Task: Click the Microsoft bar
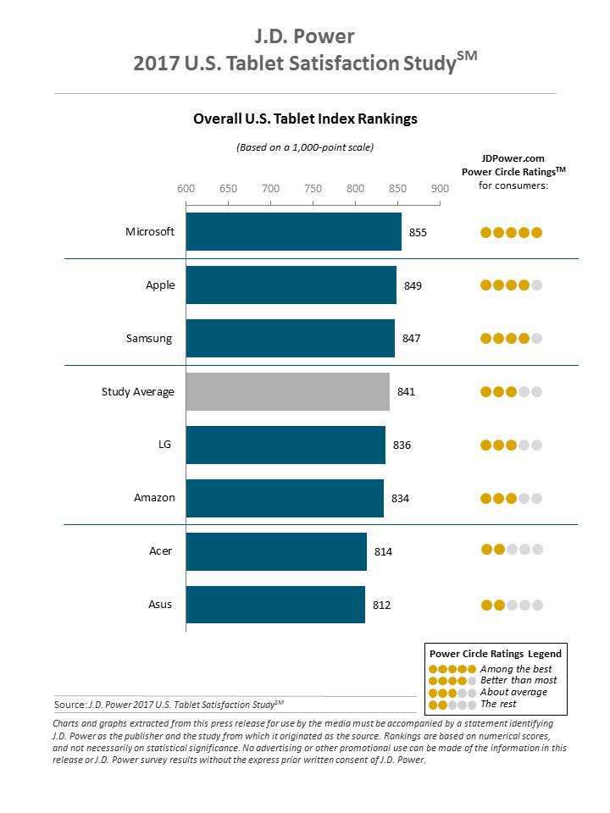[x=293, y=231]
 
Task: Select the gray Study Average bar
[x=287, y=391]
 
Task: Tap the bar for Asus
[x=275, y=605]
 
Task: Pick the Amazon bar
[x=285, y=498]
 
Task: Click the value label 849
[x=413, y=285]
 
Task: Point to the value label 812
[x=381, y=605]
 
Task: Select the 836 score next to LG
[x=402, y=445]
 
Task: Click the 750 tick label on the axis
[x=313, y=188]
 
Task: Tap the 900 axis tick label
[x=440, y=188]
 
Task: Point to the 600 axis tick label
[x=186, y=188]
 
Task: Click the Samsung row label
[x=149, y=339]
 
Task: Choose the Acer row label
[x=161, y=551]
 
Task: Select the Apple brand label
[x=160, y=285]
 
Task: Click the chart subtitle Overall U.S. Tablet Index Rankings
[x=305, y=119]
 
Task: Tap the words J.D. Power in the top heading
[x=305, y=36]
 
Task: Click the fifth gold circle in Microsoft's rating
[x=536, y=233]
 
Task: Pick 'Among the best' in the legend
[x=515, y=669]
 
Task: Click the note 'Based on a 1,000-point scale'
[x=305, y=147]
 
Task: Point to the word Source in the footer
[x=69, y=704]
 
